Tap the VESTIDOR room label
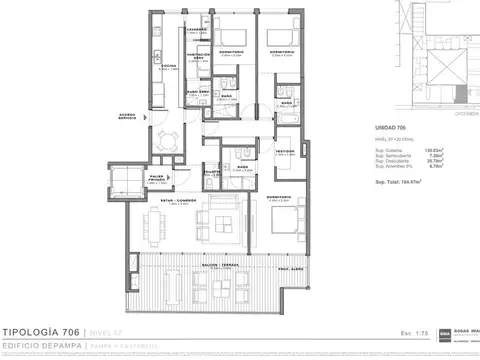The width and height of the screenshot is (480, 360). point(284,152)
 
